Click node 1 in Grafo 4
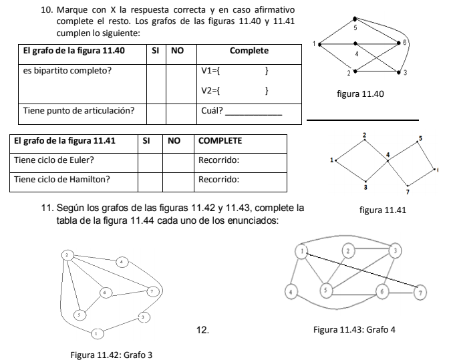[x=303, y=251]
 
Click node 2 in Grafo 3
[x=67, y=255]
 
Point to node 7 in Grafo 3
[x=152, y=291]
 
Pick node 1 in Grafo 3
[x=97, y=332]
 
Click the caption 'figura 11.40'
[x=360, y=95]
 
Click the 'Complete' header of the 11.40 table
[x=249, y=51]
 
